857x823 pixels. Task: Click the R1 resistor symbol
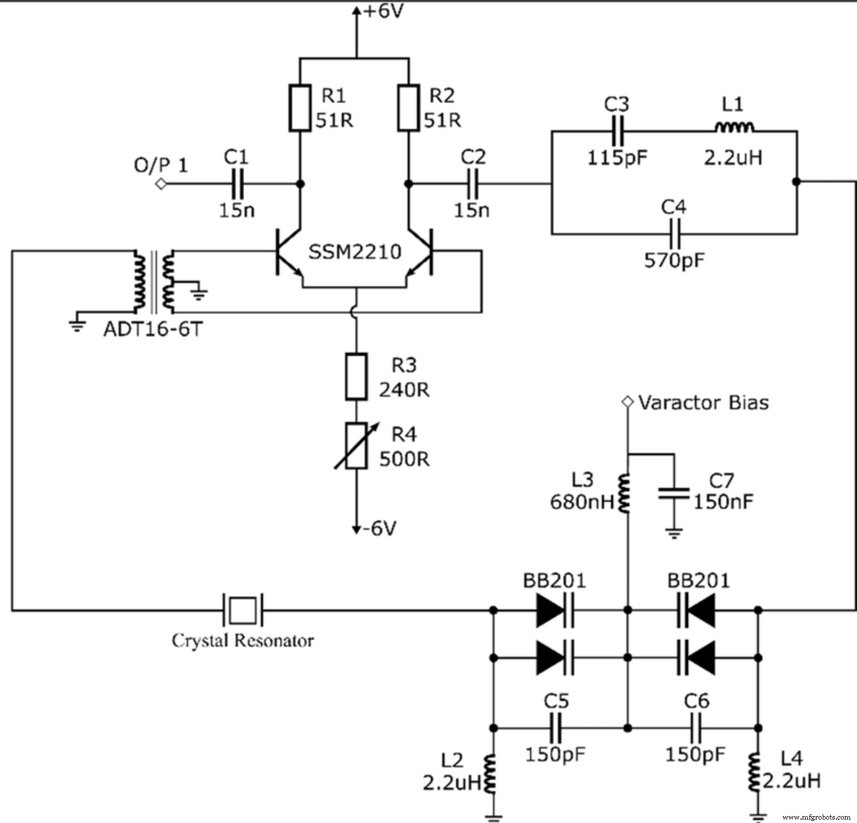click(x=300, y=108)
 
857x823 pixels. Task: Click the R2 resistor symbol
click(x=409, y=108)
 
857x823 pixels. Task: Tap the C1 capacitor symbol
click(x=238, y=184)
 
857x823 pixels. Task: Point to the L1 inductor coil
click(x=734, y=128)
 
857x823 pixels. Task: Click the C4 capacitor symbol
click(x=674, y=233)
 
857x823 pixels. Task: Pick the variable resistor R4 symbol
click(x=357, y=446)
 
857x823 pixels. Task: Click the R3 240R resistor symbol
click(x=357, y=377)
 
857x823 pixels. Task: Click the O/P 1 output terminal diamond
click(x=162, y=184)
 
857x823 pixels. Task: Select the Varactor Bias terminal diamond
click(x=628, y=402)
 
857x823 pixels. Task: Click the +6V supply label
click(x=383, y=10)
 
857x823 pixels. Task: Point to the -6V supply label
click(x=381, y=528)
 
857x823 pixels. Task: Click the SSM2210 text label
click(x=355, y=252)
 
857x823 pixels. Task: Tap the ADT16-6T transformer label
click(x=153, y=329)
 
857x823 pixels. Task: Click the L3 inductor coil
click(x=626, y=493)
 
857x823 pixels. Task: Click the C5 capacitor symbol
click(x=556, y=728)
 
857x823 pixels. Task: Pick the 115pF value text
click(x=618, y=158)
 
